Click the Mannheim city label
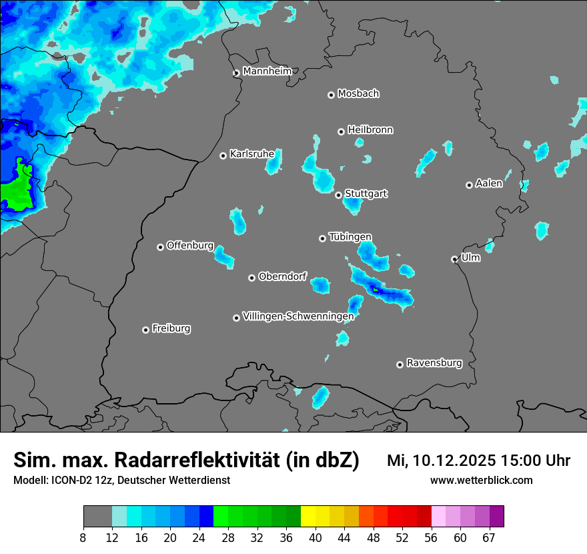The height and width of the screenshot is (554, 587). click(267, 71)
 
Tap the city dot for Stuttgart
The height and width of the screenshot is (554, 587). click(339, 195)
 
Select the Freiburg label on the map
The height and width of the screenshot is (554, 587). click(171, 328)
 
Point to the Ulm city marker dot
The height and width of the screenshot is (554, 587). click(455, 259)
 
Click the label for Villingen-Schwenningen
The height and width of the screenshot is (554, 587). click(298, 316)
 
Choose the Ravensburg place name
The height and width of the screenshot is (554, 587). click(434, 363)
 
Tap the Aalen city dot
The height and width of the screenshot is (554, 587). click(469, 185)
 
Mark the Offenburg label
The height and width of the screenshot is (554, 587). click(189, 246)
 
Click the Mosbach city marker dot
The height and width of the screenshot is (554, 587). click(331, 95)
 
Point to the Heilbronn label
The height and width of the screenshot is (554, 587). click(370, 129)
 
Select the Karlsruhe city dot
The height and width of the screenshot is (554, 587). click(223, 156)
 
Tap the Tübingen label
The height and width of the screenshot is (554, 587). click(350, 237)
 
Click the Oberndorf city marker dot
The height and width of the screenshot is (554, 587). click(251, 278)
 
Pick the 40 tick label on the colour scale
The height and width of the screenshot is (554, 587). click(316, 537)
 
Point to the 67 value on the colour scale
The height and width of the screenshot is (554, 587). click(489, 537)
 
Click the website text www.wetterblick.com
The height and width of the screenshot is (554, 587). click(482, 480)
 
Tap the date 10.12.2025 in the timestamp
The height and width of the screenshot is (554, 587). click(454, 461)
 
